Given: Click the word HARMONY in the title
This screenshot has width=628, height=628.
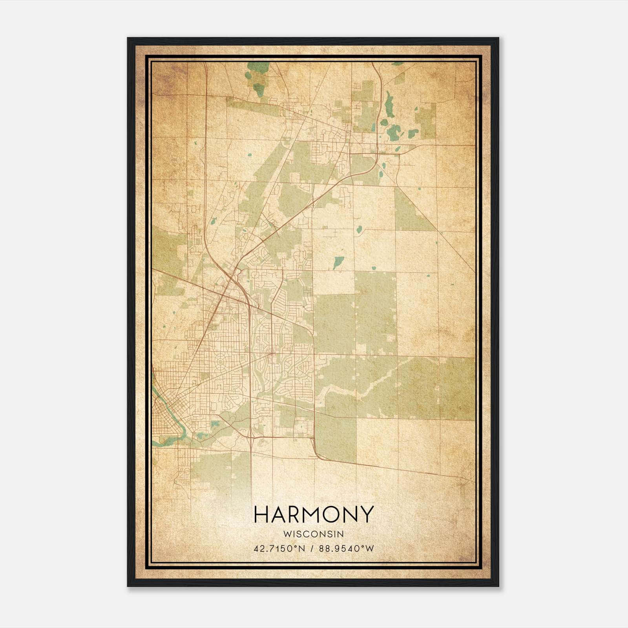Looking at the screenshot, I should (x=313, y=515).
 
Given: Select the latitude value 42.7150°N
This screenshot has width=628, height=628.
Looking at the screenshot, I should (x=279, y=548).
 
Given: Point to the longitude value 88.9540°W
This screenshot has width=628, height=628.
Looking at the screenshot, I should (x=347, y=548).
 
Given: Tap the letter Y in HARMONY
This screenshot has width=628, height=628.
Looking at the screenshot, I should (x=366, y=515).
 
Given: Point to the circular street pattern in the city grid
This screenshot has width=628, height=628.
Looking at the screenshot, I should (x=220, y=361).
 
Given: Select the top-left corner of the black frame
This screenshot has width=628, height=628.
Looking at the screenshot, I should (x=128, y=38).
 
